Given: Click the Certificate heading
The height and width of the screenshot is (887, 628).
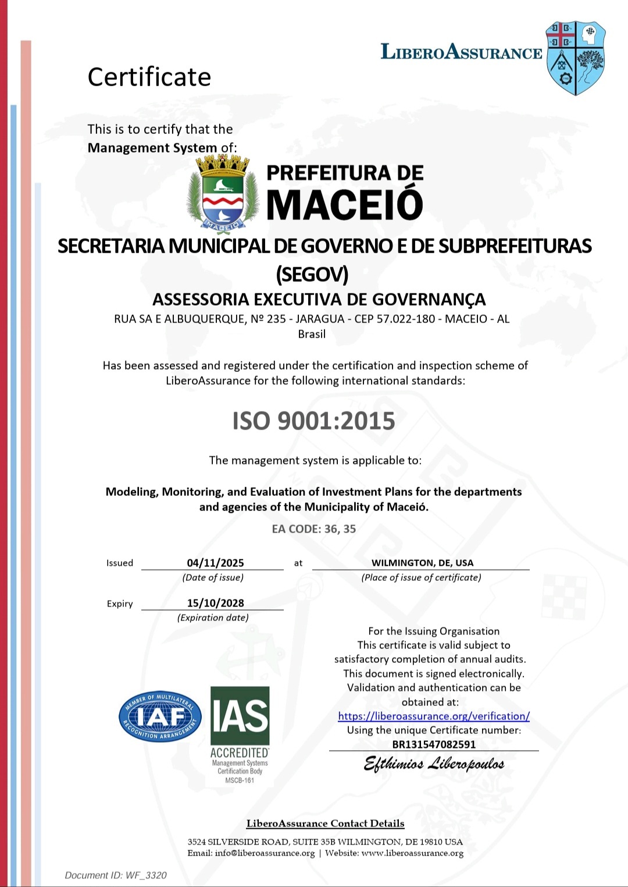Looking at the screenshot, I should pos(149,77).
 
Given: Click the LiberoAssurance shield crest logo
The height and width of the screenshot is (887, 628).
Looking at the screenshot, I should pos(575,58).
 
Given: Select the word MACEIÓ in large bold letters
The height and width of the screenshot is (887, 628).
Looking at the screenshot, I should pos(345,204).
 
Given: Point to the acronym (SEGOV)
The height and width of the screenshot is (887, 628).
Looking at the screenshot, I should pos(312,274).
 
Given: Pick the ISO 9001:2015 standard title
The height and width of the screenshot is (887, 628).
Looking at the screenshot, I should pos(313,421).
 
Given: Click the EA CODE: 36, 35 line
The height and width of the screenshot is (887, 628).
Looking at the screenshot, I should pos(313,529).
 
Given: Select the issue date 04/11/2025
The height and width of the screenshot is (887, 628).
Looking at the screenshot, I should pos(215,563).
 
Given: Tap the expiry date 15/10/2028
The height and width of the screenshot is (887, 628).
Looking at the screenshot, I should pos(215,603).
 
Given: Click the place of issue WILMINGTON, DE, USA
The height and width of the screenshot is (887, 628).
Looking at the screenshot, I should pos(422,563).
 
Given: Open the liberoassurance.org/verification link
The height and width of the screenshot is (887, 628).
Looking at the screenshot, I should pos(434,716).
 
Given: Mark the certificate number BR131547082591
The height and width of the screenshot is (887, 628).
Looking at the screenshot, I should pos(434,744).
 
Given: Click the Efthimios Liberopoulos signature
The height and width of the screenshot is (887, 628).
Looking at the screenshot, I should pos(434,764).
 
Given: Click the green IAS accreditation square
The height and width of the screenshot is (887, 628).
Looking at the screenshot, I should pos(240,716).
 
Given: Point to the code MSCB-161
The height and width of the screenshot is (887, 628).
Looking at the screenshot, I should pos(240,780).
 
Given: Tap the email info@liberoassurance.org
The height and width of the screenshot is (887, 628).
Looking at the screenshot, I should pos(265,853).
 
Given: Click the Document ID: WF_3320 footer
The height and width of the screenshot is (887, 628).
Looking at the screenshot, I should pos(116,875).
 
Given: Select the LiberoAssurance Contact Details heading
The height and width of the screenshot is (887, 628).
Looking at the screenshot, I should pos(325,824).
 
